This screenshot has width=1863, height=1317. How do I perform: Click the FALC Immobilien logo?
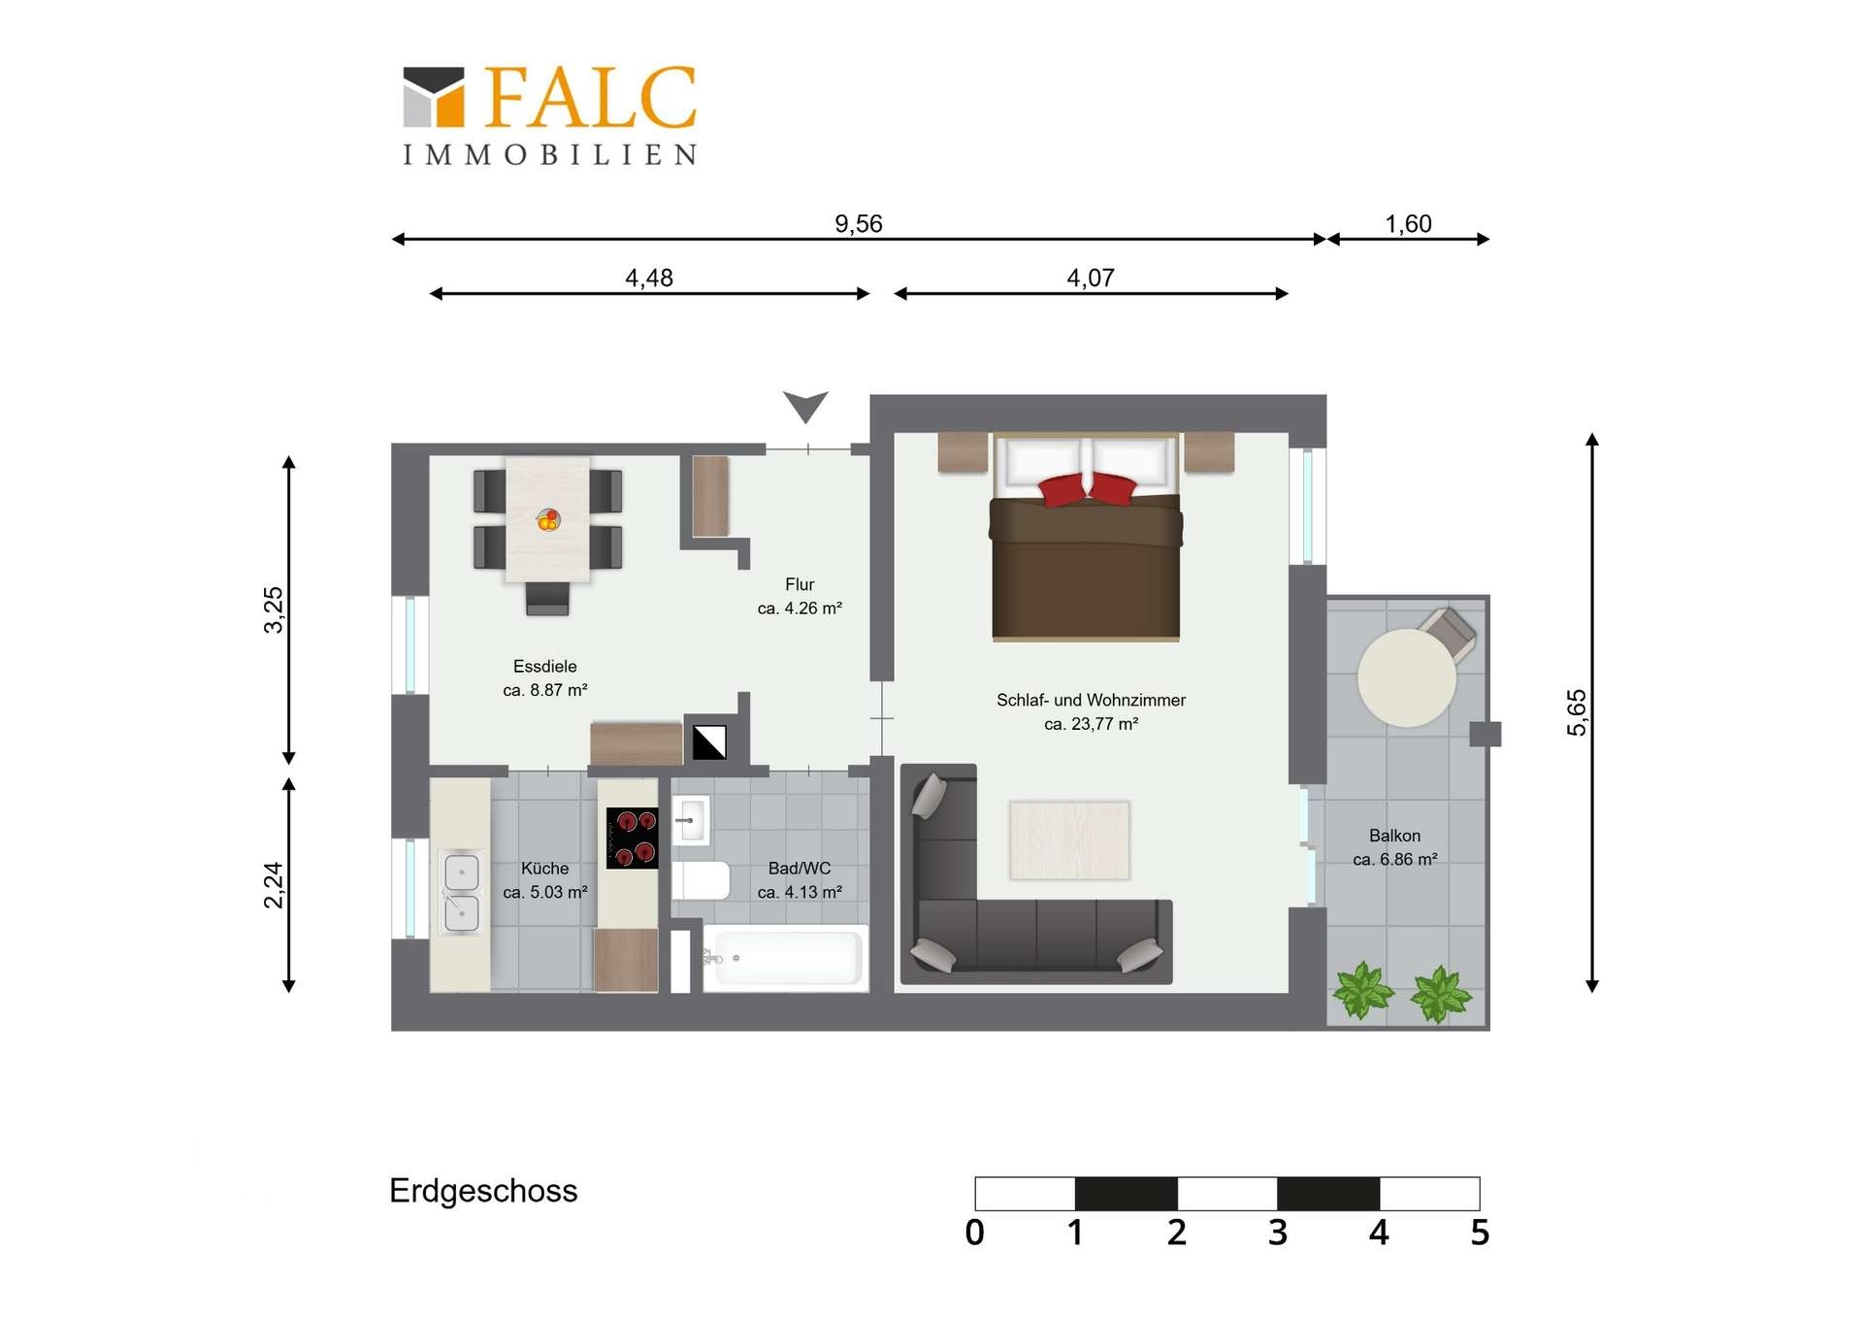pyautogui.click(x=550, y=115)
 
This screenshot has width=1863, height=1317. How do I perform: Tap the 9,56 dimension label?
pyautogui.click(x=859, y=224)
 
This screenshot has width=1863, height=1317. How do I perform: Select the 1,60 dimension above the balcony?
pyautogui.click(x=1408, y=224)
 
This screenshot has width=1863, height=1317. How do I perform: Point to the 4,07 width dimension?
pyautogui.click(x=1091, y=279)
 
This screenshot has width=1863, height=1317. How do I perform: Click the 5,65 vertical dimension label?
pyautogui.click(x=1577, y=712)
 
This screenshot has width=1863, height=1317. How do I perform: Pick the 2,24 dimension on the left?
pyautogui.click(x=274, y=885)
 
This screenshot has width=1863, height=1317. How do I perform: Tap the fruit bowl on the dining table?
pyautogui.click(x=548, y=520)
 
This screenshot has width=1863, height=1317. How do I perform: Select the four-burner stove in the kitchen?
pyautogui.click(x=633, y=838)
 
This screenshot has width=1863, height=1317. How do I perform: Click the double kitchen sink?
pyautogui.click(x=461, y=892)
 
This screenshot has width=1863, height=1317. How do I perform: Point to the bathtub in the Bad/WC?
pyautogui.click(x=784, y=958)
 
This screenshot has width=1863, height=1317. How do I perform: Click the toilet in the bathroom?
pyautogui.click(x=701, y=880)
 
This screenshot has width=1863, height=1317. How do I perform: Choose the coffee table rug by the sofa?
pyautogui.click(x=1069, y=840)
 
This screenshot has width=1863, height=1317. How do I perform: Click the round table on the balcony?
pyautogui.click(x=1406, y=677)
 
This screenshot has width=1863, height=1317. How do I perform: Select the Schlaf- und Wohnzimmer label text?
pyautogui.click(x=1092, y=700)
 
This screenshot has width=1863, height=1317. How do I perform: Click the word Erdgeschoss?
pyautogui.click(x=483, y=1191)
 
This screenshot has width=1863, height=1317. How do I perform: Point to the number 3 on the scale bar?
pyautogui.click(x=1278, y=1233)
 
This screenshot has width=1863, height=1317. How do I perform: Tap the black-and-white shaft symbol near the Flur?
pyautogui.click(x=709, y=742)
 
